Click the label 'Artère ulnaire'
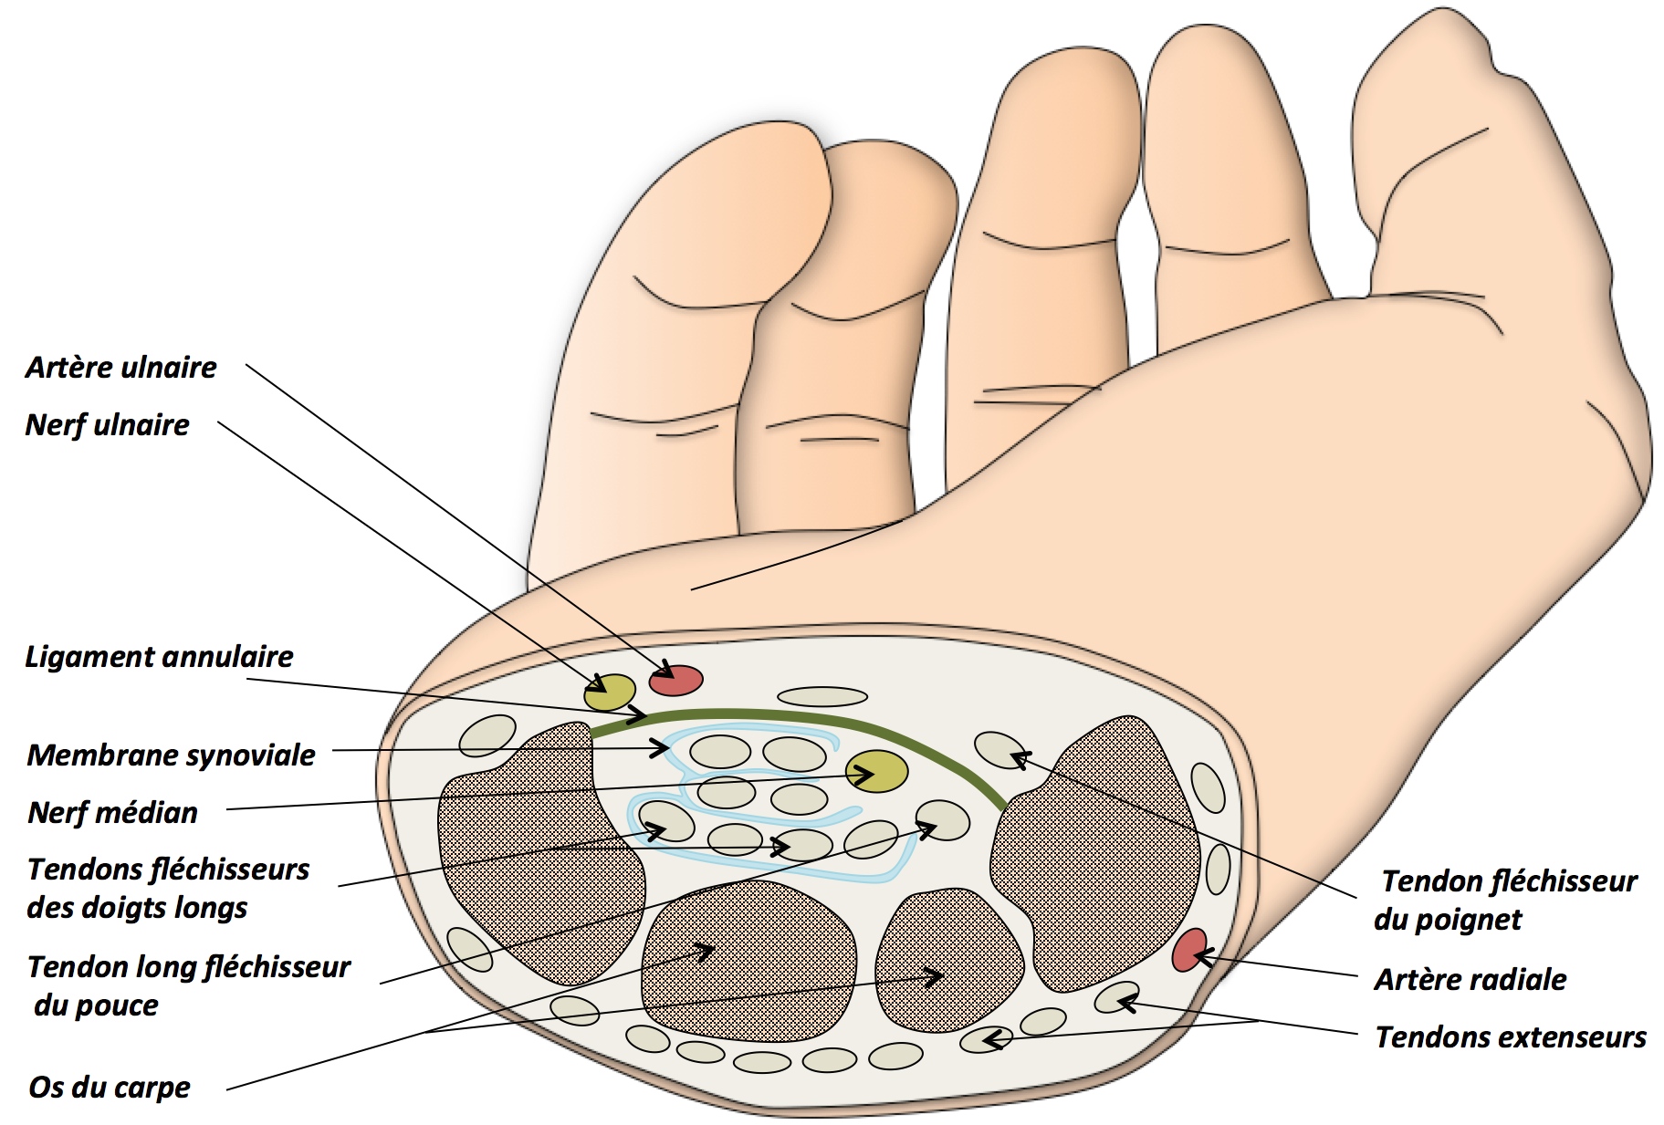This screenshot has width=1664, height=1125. point(120,368)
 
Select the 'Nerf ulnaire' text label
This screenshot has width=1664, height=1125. point(107,425)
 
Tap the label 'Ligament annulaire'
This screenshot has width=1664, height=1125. point(159,657)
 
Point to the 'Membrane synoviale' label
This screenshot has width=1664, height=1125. point(171,755)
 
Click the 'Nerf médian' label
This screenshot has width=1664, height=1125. point(112,813)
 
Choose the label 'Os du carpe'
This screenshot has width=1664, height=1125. point(110,1088)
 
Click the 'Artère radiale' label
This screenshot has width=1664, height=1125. point(1470,980)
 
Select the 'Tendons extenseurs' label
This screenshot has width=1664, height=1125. point(1510,1037)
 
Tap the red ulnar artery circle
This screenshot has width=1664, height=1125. point(675,680)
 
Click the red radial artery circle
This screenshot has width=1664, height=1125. point(1188,950)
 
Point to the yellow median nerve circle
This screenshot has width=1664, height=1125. point(876,772)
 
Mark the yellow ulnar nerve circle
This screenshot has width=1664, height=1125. point(610,693)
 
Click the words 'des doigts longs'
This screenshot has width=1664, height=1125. point(137,909)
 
